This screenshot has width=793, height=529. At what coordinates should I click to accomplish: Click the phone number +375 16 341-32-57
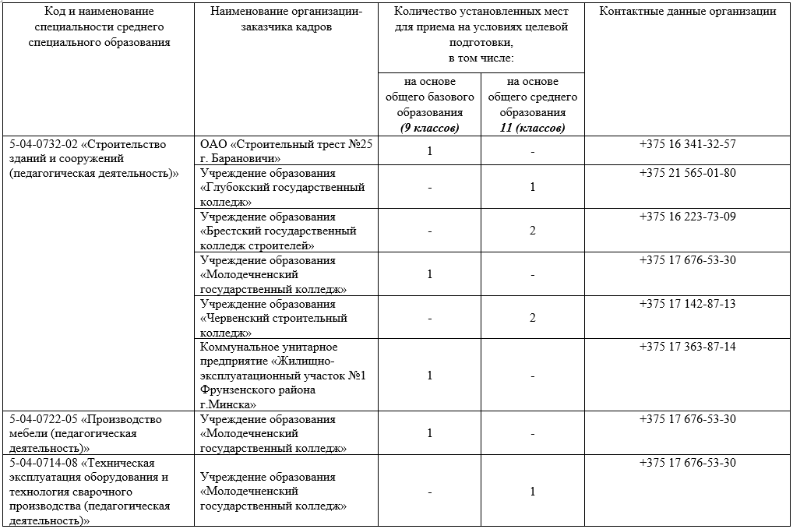(x=687, y=144)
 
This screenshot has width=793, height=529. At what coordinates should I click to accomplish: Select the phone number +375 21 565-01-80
(x=687, y=173)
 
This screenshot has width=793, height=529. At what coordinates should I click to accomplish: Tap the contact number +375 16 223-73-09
(x=687, y=217)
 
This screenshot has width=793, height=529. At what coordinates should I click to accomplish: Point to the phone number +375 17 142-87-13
(x=687, y=304)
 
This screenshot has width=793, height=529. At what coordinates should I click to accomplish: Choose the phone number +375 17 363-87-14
(x=687, y=347)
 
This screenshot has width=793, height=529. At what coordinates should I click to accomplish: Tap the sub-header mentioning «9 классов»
(x=429, y=128)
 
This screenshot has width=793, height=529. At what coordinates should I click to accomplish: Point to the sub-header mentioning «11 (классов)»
(x=532, y=128)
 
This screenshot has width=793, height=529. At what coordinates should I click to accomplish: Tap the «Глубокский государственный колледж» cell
(x=282, y=187)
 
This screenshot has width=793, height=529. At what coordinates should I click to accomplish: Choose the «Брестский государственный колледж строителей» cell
(x=278, y=231)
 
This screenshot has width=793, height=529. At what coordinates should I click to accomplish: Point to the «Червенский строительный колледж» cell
(x=273, y=318)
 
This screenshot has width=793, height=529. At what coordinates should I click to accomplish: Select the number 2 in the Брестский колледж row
(x=533, y=231)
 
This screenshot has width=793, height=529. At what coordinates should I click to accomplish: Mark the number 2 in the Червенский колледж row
(x=533, y=318)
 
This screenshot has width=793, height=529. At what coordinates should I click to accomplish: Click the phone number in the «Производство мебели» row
(x=687, y=419)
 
